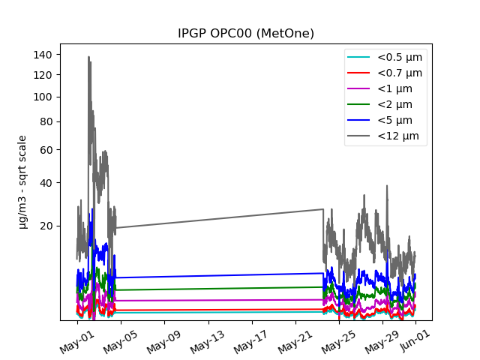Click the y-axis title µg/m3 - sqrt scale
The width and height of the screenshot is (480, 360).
coord(23,181)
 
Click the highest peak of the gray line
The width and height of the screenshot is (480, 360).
coord(88,57)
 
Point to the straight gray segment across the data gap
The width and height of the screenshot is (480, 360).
coord(217,218)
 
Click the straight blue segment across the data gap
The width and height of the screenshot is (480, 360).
coord(217,275)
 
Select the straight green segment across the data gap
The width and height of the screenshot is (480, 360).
coord(217,288)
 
